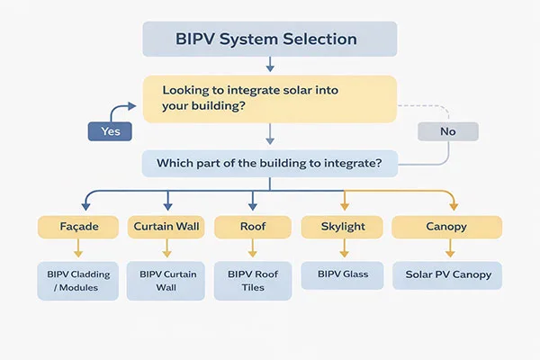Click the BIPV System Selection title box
pyautogui.click(x=269, y=40)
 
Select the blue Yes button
pyautogui.click(x=109, y=131)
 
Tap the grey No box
pyautogui.click(x=447, y=131)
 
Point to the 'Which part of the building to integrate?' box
pyautogui.click(x=269, y=163)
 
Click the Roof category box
pyautogui.click(x=252, y=227)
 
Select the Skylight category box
pyautogui.click(x=342, y=227)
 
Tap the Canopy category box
pyautogui.click(x=445, y=227)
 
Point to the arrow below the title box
pyautogui.click(x=269, y=65)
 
